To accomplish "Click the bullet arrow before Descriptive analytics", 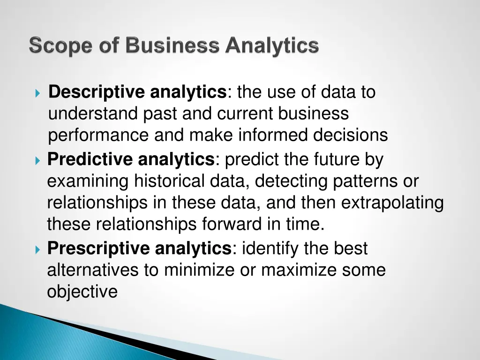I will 38,93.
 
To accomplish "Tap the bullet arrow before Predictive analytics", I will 38,161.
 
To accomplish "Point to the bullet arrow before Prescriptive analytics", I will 38,249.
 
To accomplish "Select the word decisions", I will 350,135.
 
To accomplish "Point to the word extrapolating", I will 392,203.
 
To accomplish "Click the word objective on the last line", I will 82,292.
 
